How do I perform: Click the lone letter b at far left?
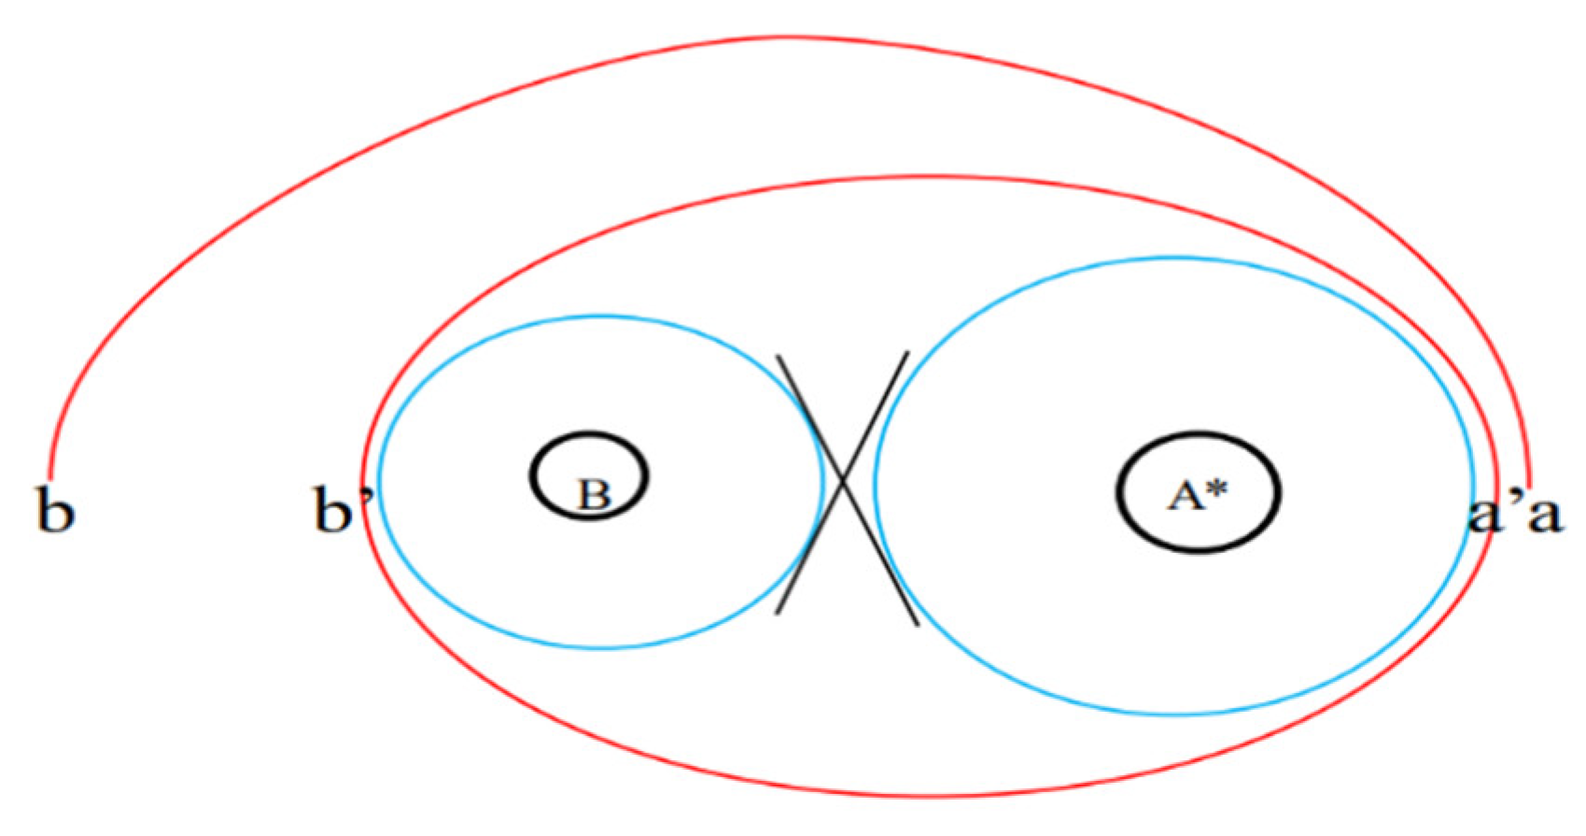point(55,509)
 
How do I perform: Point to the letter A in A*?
point(1185,494)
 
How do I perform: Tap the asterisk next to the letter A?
point(1216,488)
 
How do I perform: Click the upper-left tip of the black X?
point(779,356)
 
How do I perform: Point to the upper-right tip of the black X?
point(907,353)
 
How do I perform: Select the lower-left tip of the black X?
point(778,613)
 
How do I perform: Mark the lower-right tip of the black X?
point(918,624)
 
